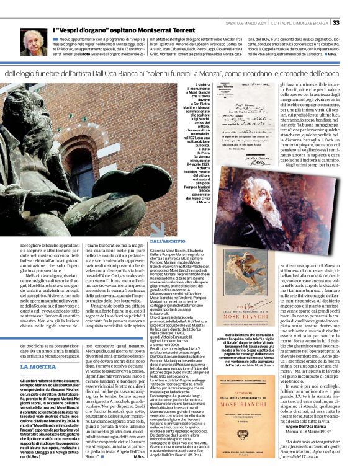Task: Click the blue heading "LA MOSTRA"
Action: [x=38, y=366]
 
